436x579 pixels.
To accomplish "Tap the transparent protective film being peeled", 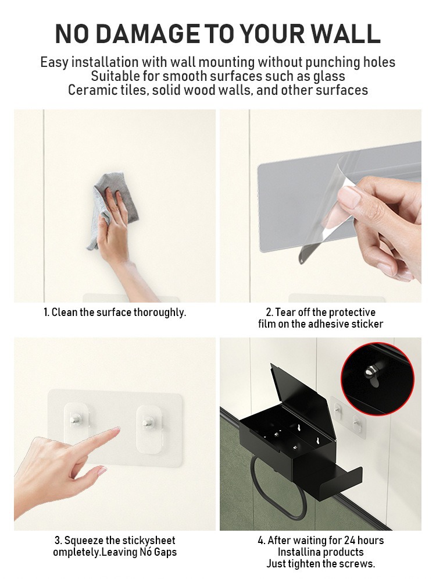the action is click(x=324, y=207).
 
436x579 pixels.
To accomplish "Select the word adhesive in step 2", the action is click(x=328, y=324).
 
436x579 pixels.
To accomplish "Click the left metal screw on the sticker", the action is click(x=76, y=420).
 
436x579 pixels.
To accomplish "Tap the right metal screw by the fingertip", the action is click(x=148, y=422).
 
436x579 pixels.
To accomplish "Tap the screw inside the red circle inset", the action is click(x=370, y=373).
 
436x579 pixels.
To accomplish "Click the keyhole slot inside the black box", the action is click(x=316, y=441).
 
